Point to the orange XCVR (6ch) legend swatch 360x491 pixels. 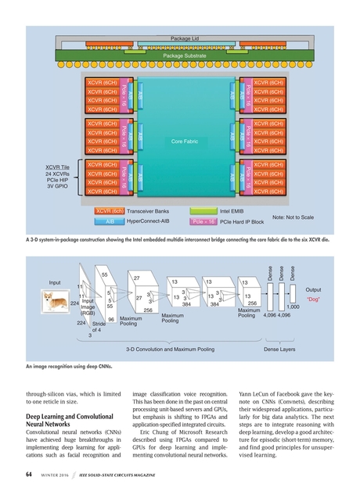(110, 210)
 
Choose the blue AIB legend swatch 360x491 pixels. (110, 222)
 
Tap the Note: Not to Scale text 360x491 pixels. (293, 217)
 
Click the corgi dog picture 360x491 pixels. (59, 299)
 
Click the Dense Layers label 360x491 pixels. (279, 349)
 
